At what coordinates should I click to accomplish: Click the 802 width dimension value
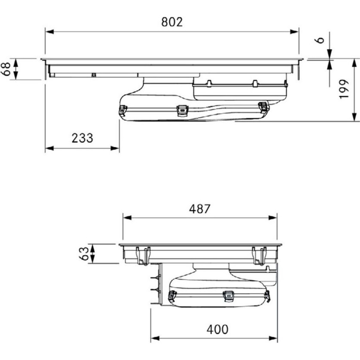click(172, 22)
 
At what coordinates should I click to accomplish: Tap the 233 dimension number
click(82, 138)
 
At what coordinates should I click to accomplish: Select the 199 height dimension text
click(344, 89)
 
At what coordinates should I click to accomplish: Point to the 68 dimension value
click(6, 69)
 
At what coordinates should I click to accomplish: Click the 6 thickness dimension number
click(320, 40)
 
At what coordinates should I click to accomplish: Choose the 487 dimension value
click(199, 209)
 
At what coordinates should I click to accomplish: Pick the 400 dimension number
click(217, 329)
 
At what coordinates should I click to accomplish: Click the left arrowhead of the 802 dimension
click(49, 32)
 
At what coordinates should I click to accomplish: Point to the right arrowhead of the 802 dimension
click(294, 32)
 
